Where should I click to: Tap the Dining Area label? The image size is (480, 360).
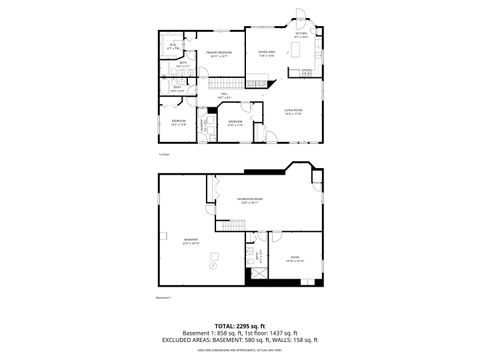[x=267, y=54]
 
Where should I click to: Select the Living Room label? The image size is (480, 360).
[x=292, y=113]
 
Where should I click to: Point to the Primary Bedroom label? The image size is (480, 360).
[x=219, y=54]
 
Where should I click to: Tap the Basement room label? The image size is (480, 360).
[x=190, y=241]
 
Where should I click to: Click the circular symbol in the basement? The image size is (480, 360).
[x=211, y=267]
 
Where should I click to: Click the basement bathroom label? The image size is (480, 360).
[x=258, y=255]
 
